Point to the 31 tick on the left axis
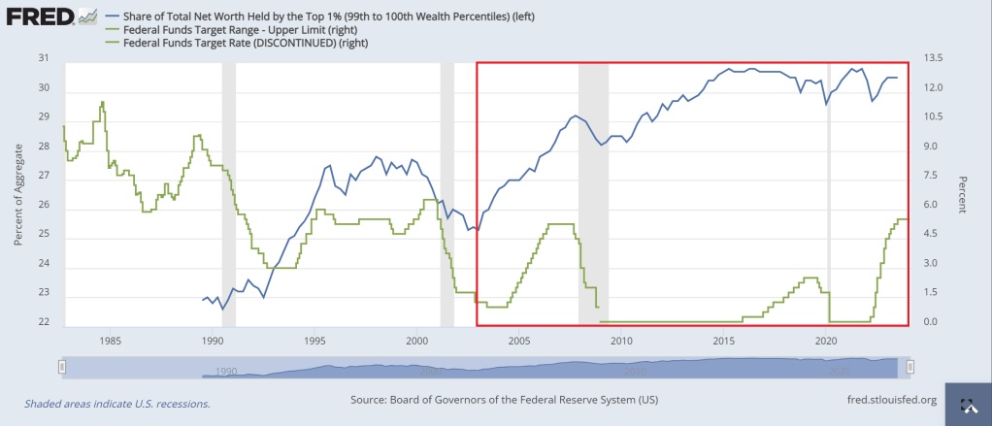[42, 59]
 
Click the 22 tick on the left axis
[42, 322]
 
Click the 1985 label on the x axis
[110, 341]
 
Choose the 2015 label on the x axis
[723, 341]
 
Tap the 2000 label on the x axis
[416, 341]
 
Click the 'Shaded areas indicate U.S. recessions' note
[116, 404]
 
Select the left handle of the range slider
[62, 366]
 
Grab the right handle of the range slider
[910, 366]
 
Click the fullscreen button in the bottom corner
[967, 407]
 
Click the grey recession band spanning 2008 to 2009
[593, 194]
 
